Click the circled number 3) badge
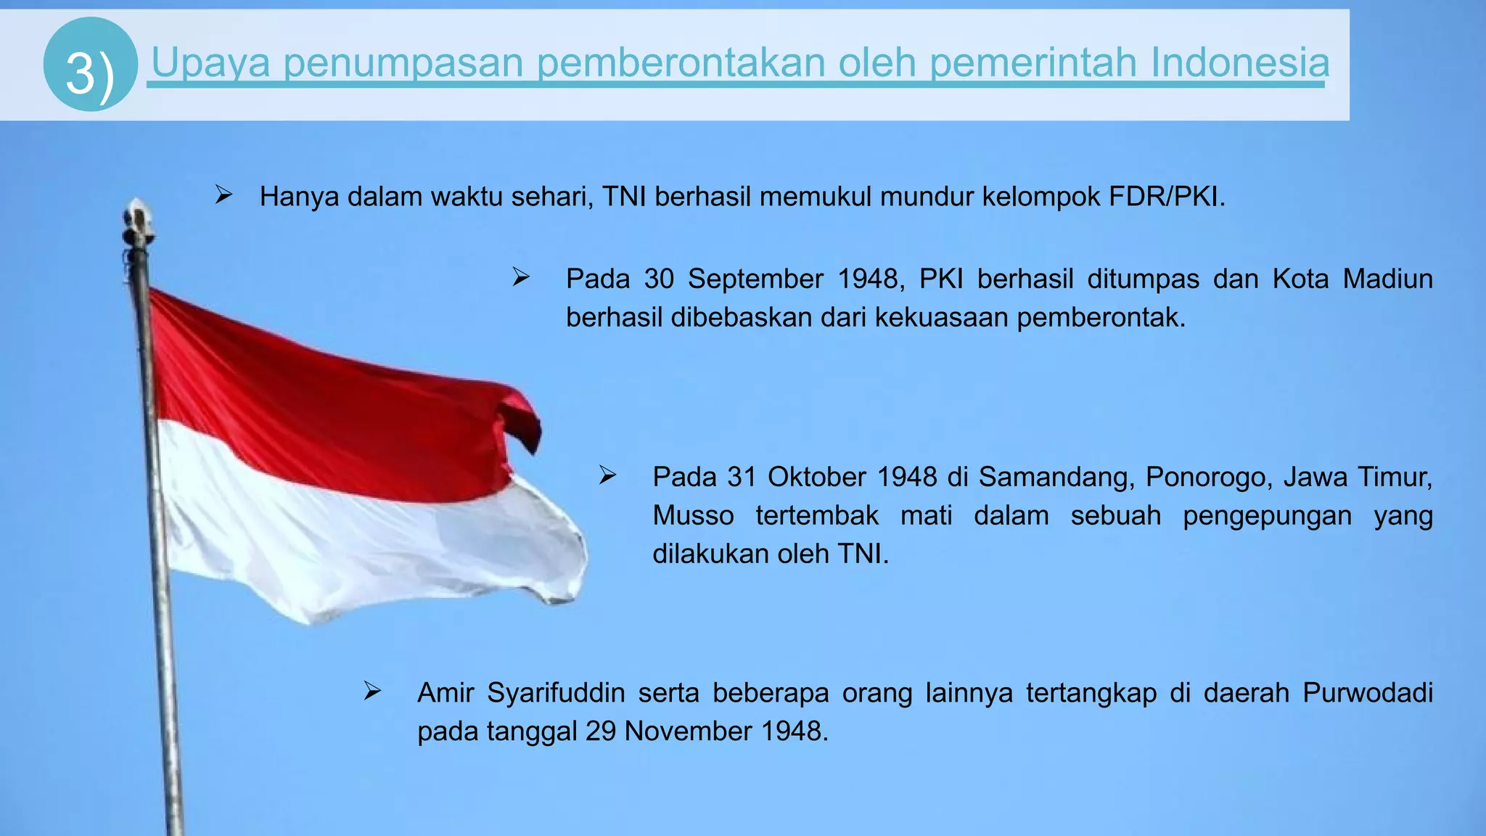pos(90,65)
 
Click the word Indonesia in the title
pos(1239,62)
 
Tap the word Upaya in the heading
pos(210,62)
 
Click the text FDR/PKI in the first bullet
pos(1166,197)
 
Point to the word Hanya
pos(299,197)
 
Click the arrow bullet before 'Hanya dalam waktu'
pos(223,194)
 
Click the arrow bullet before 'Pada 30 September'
pos(521,276)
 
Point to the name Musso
pos(693,515)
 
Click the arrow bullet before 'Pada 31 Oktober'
pos(608,475)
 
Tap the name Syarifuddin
pos(556,693)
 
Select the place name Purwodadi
pos(1367,693)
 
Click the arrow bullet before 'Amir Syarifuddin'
pos(373,691)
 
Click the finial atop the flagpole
pos(136,221)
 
